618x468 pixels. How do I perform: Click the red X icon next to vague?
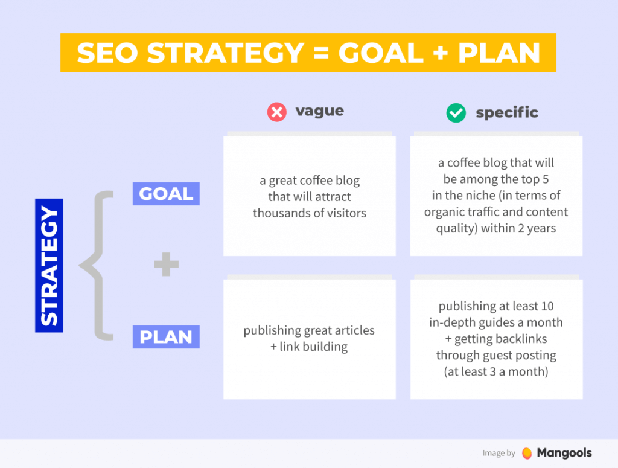pyautogui.click(x=276, y=112)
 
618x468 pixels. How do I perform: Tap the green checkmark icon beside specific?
pyautogui.click(x=456, y=113)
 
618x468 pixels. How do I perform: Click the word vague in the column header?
pyautogui.click(x=319, y=111)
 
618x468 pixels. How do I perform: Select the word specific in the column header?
pyautogui.click(x=507, y=113)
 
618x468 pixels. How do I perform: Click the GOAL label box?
pyautogui.click(x=166, y=194)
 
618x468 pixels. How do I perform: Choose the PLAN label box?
pyautogui.click(x=166, y=337)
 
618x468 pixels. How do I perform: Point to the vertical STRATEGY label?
pyautogui.click(x=49, y=266)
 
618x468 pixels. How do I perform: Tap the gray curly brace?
pyautogui.click(x=97, y=266)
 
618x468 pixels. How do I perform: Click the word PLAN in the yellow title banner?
pyautogui.click(x=499, y=54)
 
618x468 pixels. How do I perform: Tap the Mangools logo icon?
pyautogui.click(x=527, y=453)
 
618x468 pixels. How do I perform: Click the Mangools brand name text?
pyautogui.click(x=565, y=453)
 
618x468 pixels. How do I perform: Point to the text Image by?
pyautogui.click(x=499, y=454)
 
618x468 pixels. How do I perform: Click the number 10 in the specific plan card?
pyautogui.click(x=547, y=306)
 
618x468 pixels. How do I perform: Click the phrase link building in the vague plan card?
pyautogui.click(x=313, y=347)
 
